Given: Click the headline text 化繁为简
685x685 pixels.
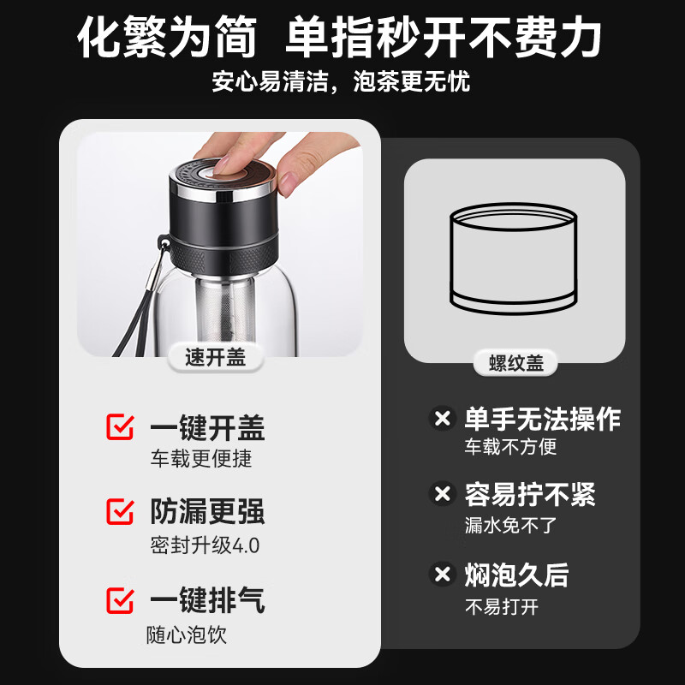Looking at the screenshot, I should pyautogui.click(x=168, y=38).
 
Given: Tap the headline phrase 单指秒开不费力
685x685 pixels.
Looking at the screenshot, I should pyautogui.click(x=444, y=38).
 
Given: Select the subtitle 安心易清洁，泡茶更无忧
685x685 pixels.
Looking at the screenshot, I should pyautogui.click(x=342, y=82).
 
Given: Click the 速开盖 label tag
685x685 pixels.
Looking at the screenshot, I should pyautogui.click(x=216, y=358).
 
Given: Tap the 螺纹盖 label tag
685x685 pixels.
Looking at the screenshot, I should pyautogui.click(x=516, y=363).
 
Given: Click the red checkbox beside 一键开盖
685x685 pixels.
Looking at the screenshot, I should pyautogui.click(x=120, y=427).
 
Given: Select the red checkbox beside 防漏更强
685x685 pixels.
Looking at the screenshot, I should pyautogui.click(x=120, y=512).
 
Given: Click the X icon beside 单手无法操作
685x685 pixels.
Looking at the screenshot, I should pyautogui.click(x=442, y=420).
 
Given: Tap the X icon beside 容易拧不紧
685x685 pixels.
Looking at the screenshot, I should pyautogui.click(x=442, y=494).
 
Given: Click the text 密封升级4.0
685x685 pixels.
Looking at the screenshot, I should pyautogui.click(x=205, y=545).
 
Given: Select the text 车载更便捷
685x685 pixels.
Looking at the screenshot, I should pyautogui.click(x=201, y=459).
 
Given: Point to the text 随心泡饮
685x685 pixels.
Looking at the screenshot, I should pyautogui.click(x=187, y=634).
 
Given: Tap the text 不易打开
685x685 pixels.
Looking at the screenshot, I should pyautogui.click(x=501, y=607).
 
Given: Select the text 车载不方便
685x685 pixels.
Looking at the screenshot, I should pyautogui.click(x=511, y=446).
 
